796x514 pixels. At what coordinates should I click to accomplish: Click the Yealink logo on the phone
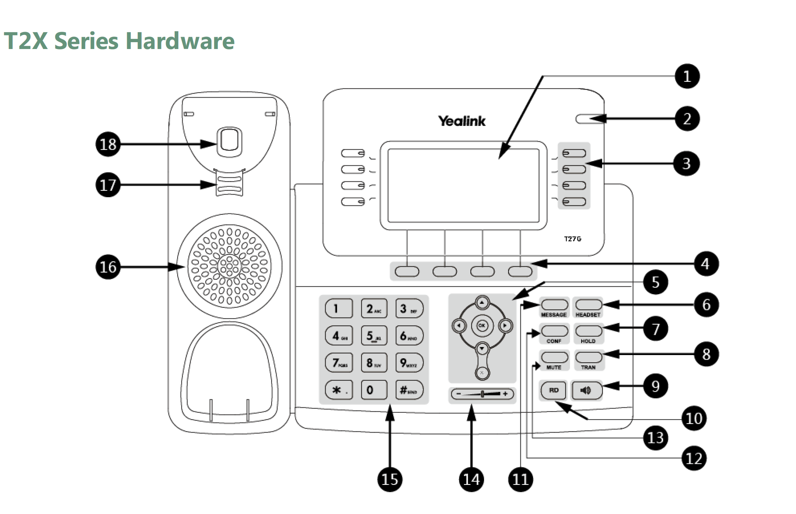462,121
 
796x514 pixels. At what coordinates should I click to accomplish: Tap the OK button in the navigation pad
482,325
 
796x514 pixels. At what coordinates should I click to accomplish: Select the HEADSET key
589,305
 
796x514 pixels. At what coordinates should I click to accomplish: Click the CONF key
554,331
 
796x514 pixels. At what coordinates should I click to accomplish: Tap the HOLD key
589,331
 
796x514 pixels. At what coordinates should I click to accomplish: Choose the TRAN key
589,357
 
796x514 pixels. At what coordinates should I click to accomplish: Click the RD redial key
554,390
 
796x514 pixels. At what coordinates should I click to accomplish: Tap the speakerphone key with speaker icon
587,390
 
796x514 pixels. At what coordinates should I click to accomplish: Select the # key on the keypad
409,390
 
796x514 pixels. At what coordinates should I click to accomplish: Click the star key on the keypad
339,390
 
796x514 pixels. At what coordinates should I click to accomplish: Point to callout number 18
108,144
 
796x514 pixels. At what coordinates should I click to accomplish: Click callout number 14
471,479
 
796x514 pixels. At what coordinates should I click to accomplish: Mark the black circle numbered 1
687,76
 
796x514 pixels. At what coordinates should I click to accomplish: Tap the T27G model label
572,239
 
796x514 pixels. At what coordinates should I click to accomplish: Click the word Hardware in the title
180,41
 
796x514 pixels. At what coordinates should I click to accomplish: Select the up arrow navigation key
482,302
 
